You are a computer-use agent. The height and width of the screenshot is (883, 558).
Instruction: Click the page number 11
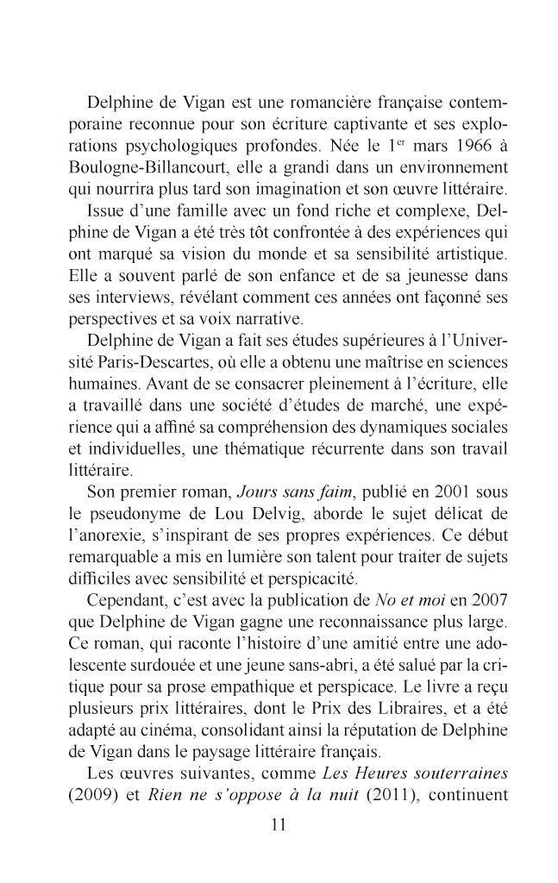point(278,824)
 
